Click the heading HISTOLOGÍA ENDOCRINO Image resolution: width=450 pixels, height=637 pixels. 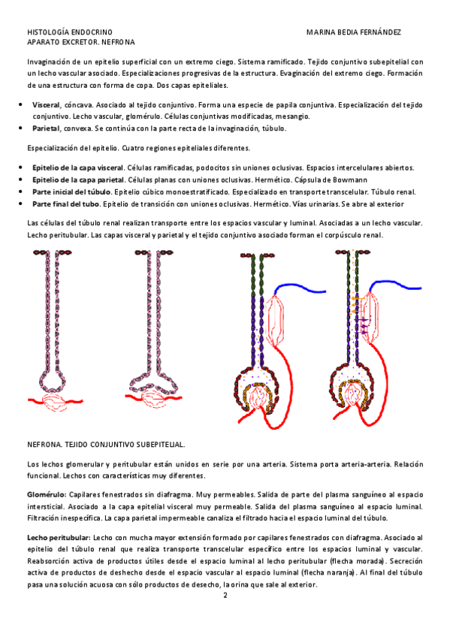pos(70,32)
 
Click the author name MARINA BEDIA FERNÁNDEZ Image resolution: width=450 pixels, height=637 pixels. pos(353,32)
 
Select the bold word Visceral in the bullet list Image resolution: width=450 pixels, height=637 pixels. pos(47,105)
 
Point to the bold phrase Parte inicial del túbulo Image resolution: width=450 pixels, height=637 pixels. pos(71,192)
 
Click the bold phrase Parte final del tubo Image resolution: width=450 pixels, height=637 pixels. pos(66,204)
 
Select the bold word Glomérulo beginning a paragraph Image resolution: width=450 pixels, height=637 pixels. pos(47,495)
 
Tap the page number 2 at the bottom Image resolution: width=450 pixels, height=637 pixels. pos(225,596)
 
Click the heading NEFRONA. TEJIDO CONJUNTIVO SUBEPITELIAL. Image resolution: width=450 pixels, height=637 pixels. pos(106,445)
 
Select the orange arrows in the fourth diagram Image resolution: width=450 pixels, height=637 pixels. pos(357,305)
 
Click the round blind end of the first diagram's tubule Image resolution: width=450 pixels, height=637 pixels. pos(53,381)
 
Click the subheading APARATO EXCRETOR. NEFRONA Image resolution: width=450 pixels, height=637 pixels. pos(81,42)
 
